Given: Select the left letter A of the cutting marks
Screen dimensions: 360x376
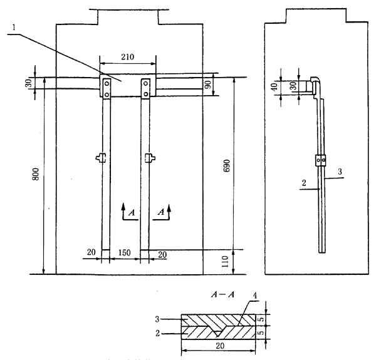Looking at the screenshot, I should coord(131,212).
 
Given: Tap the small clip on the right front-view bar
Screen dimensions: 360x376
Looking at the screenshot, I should coord(150,158).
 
